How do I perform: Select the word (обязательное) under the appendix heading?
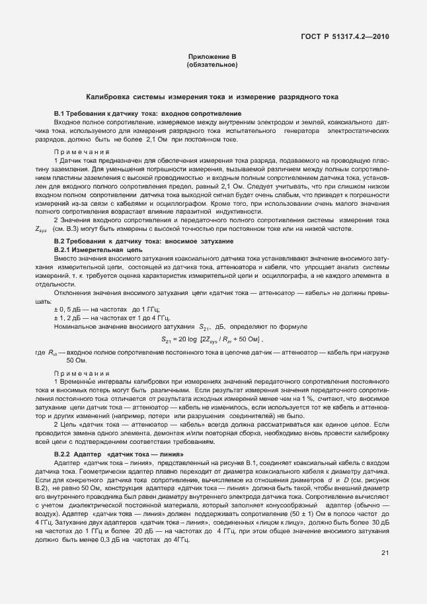pyautogui.click(x=212, y=66)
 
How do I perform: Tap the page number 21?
pyautogui.click(x=385, y=572)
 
